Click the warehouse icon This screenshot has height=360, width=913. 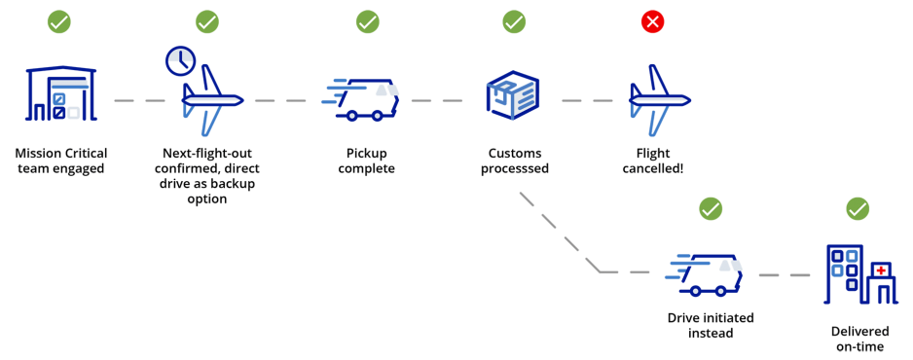pyautogui.click(x=61, y=94)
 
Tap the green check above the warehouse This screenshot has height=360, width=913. pyautogui.click(x=59, y=21)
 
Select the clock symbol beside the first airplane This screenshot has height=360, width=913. pyautogui.click(x=180, y=61)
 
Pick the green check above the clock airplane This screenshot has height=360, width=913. pyautogui.click(x=207, y=21)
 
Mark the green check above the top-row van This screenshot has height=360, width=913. pyautogui.click(x=367, y=21)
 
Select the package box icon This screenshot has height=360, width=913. pyautogui.click(x=513, y=95)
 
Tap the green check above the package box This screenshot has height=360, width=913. pyautogui.click(x=514, y=21)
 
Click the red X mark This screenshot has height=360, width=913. pyautogui.click(x=652, y=21)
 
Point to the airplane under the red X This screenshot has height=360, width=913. pyautogui.click(x=658, y=100)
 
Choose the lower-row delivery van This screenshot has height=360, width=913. pyautogui.click(x=706, y=274)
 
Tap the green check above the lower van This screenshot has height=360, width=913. pyautogui.click(x=711, y=208)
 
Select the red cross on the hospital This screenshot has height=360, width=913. pyautogui.click(x=881, y=270)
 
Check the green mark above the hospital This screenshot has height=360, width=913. pyautogui.click(x=858, y=208)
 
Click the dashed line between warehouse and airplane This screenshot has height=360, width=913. pyautogui.click(x=139, y=100)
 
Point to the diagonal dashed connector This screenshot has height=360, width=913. pyautogui.click(x=560, y=232)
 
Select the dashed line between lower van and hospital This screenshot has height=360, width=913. pyautogui.click(x=784, y=275)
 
